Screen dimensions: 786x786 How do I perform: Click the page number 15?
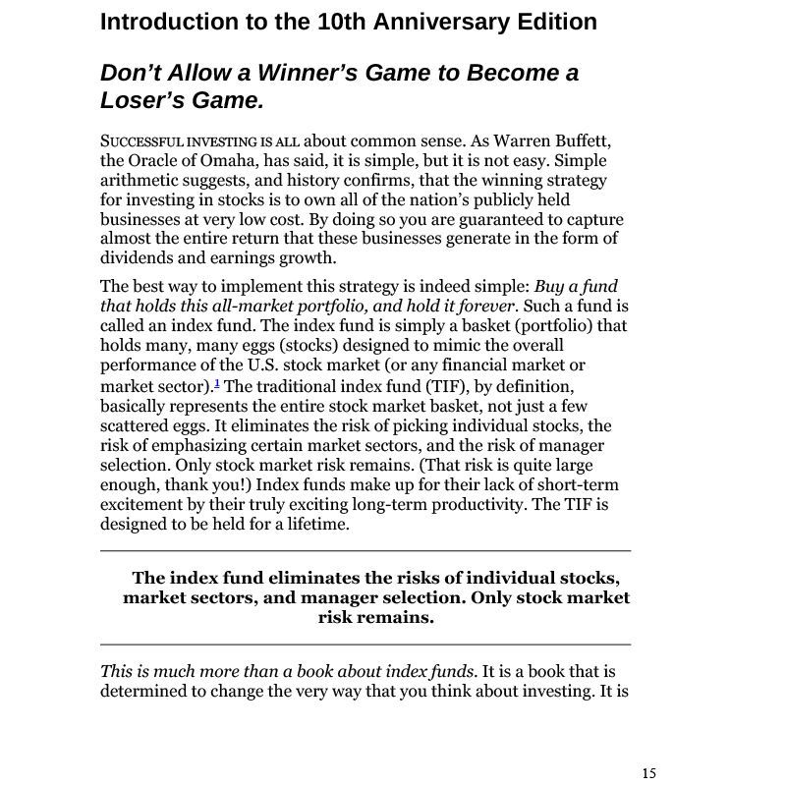tap(649, 773)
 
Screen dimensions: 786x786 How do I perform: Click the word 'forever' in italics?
tap(489, 307)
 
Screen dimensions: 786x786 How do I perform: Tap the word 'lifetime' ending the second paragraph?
tap(316, 524)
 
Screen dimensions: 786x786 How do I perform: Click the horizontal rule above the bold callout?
tap(365, 551)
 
